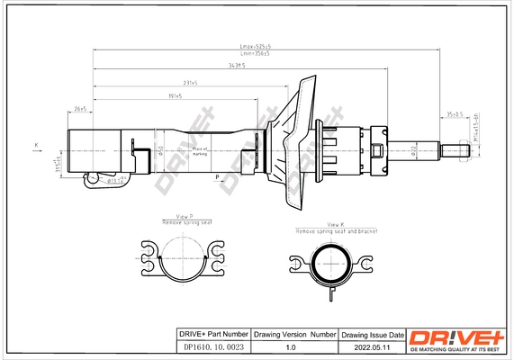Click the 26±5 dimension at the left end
80,108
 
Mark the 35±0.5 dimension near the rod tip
455,114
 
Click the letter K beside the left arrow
36,144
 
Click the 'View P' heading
186,216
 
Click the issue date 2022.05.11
372,346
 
